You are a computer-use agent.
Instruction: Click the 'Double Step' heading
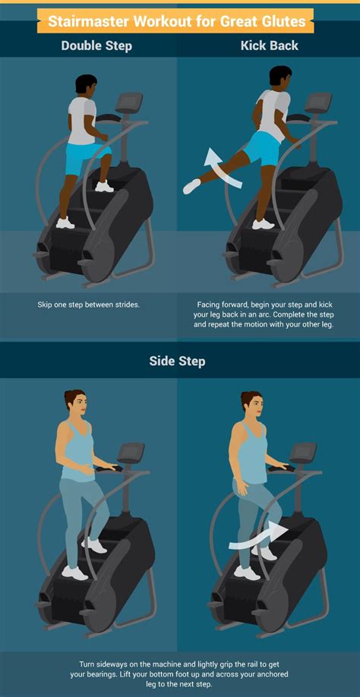[x=96, y=46]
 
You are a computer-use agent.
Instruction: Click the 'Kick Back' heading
[x=269, y=46]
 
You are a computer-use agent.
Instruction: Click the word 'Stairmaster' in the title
[x=87, y=20]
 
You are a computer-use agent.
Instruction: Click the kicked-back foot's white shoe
[x=191, y=185]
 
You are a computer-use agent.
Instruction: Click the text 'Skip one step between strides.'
[x=90, y=304]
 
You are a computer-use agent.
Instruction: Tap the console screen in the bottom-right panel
[x=303, y=453]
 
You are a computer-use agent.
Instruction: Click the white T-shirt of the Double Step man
[x=81, y=120]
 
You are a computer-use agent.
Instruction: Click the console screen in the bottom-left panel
[x=130, y=453]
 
